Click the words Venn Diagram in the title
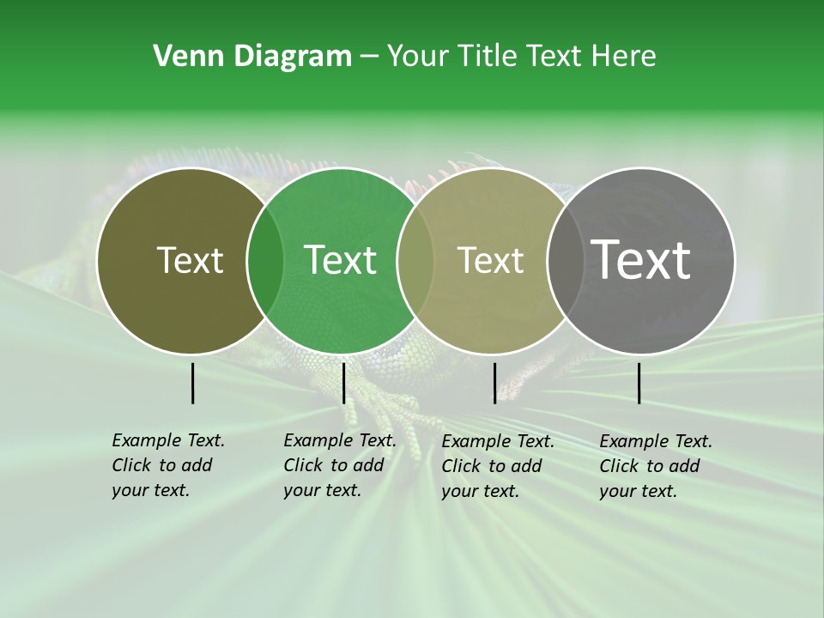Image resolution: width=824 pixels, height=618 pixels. tap(252, 57)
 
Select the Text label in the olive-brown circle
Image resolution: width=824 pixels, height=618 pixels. tap(190, 260)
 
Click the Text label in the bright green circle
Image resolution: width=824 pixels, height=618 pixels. tap(340, 260)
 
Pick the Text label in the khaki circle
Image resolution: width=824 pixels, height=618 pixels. tap(490, 260)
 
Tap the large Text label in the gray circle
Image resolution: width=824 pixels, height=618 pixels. tap(641, 260)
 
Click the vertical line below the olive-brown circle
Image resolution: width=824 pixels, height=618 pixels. tap(193, 383)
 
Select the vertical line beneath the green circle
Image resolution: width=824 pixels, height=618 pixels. tap(343, 383)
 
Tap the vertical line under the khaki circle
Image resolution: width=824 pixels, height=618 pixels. tap(494, 383)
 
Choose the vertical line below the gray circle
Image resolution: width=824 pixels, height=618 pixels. tap(639, 383)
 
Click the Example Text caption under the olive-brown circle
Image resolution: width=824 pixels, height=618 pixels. tap(167, 465)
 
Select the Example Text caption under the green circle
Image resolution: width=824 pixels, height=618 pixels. tap(339, 465)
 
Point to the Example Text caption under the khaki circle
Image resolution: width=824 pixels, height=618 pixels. tap(497, 466)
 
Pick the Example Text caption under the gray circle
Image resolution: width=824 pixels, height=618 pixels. tap(655, 466)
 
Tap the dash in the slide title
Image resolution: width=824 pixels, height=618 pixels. tap(369, 58)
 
